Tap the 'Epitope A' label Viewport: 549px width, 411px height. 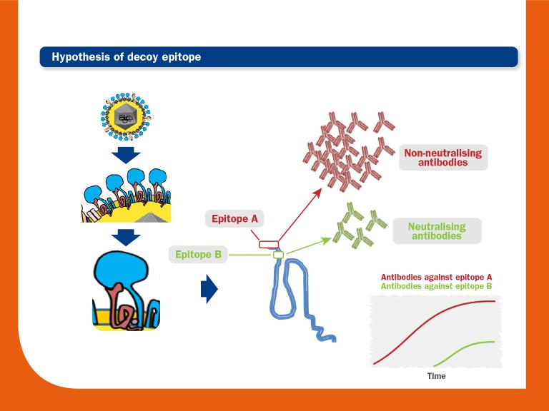(234, 219)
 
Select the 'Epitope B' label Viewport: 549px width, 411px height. (198, 254)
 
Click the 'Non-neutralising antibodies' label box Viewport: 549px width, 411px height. (442, 158)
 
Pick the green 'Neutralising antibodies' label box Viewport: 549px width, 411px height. (436, 231)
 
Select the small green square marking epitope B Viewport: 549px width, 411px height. (279, 254)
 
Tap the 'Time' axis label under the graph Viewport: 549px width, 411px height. (436, 375)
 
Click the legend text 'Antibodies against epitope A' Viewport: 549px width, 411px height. (436, 277)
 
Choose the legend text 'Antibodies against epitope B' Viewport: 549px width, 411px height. (436, 285)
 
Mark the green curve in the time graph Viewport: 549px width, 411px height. (465, 348)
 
